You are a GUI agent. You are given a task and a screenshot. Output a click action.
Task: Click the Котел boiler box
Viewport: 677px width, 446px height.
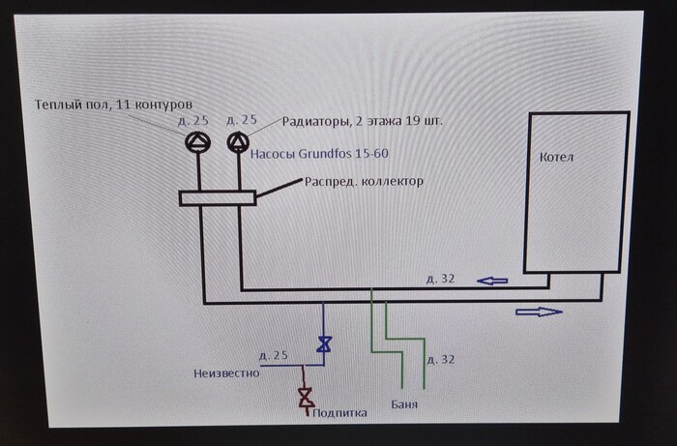pyautogui.click(x=575, y=193)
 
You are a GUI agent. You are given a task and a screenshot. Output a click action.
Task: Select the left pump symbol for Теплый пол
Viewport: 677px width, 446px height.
pyautogui.click(x=197, y=143)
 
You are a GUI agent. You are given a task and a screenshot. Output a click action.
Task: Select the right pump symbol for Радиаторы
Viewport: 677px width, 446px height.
pyautogui.click(x=237, y=143)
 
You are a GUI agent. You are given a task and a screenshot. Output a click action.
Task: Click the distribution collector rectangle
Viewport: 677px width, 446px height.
pyautogui.click(x=218, y=197)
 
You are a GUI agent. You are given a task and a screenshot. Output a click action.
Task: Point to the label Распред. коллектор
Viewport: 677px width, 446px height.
pyautogui.click(x=363, y=181)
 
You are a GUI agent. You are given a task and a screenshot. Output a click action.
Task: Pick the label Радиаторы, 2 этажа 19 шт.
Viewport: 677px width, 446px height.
pyautogui.click(x=368, y=121)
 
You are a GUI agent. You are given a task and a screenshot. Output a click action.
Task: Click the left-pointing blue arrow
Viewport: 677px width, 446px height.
pyautogui.click(x=493, y=281)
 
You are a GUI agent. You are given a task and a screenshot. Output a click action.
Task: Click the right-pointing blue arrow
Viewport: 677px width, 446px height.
pyautogui.click(x=539, y=312)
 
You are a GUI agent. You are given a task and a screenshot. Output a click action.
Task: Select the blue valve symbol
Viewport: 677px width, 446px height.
pyautogui.click(x=324, y=343)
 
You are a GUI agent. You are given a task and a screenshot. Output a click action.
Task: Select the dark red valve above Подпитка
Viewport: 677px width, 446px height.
pyautogui.click(x=305, y=396)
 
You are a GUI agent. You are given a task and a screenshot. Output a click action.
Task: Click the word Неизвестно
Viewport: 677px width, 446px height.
pyautogui.click(x=226, y=373)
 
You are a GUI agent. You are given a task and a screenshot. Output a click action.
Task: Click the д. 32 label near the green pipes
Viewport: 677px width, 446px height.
pyautogui.click(x=441, y=359)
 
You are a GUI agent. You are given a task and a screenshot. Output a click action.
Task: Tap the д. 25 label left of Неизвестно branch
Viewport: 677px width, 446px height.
pyautogui.click(x=274, y=355)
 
